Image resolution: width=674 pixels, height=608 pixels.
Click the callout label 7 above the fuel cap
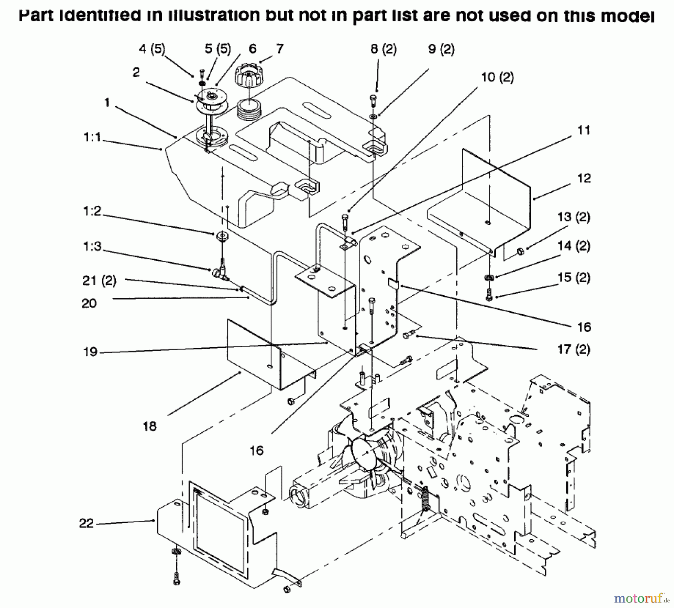tap(280, 49)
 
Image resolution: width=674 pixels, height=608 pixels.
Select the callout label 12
tap(584, 178)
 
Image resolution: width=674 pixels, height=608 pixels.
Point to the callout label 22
tap(86, 523)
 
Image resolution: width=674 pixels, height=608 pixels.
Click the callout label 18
tap(149, 426)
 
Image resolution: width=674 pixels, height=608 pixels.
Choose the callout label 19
tap(90, 352)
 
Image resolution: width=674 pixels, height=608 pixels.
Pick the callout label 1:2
tap(92, 211)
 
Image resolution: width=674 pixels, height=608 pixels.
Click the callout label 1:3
tap(92, 247)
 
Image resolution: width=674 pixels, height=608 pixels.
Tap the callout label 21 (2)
tap(99, 281)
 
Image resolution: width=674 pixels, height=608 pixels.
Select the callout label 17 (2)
tap(574, 349)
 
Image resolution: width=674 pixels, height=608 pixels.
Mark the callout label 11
tap(584, 130)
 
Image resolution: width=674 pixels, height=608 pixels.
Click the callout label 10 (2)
tap(497, 77)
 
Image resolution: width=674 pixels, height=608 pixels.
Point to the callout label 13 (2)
tap(574, 217)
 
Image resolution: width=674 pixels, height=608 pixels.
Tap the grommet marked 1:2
tap(222, 236)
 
